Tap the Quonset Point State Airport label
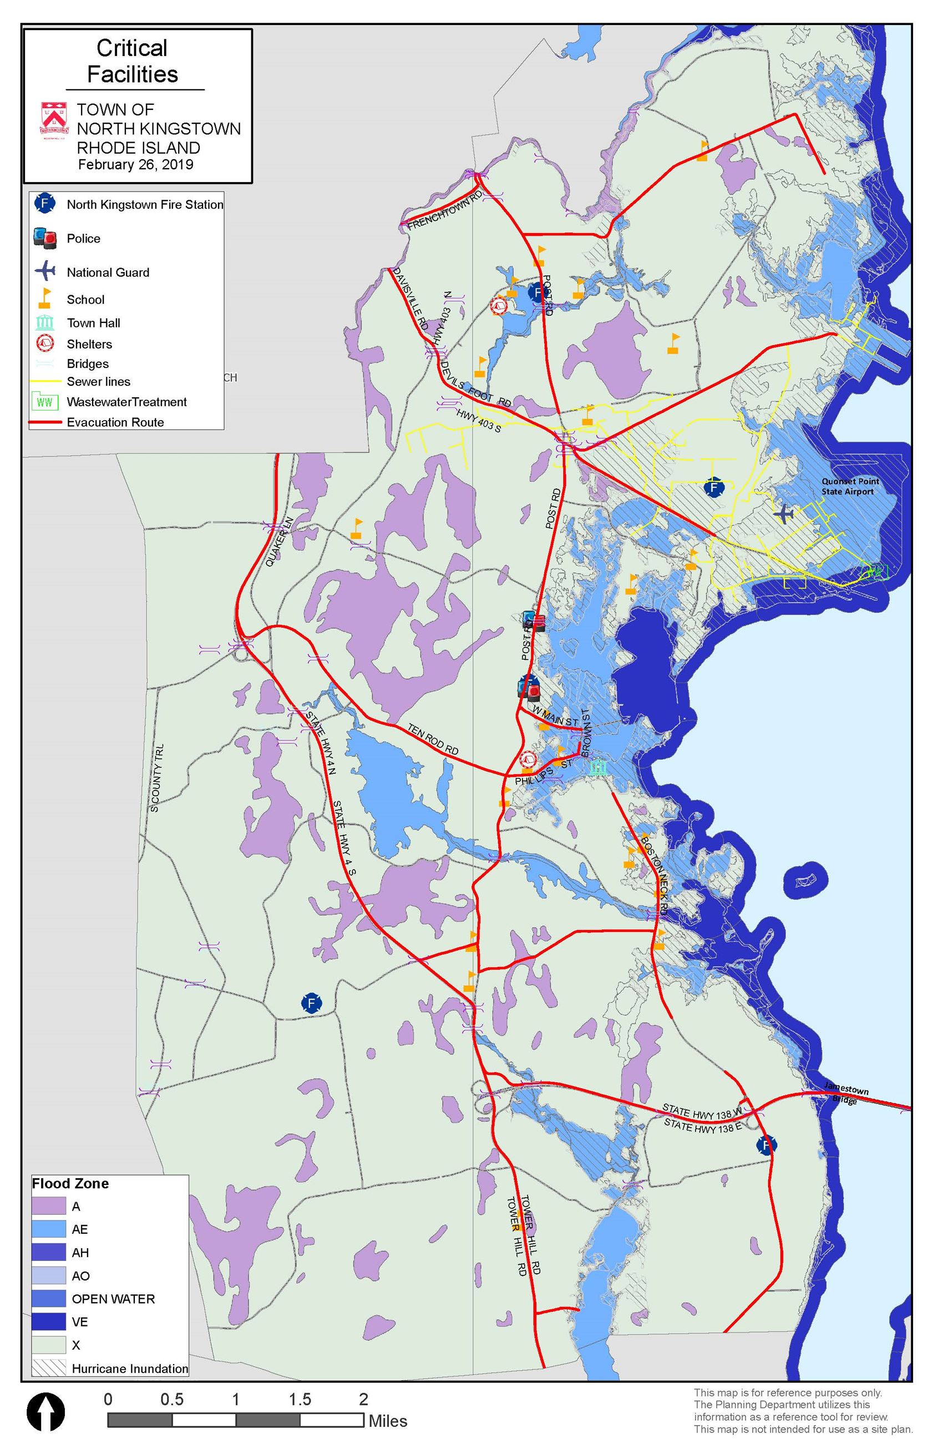click(x=850, y=486)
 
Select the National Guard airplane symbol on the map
click(x=784, y=514)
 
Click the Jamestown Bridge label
click(x=845, y=1094)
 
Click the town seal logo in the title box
click(x=53, y=121)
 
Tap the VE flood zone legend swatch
click(x=48, y=1321)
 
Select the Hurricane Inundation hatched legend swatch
click(x=48, y=1368)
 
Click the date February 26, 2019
click(x=135, y=164)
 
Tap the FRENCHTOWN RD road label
click(x=445, y=211)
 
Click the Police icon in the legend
click(x=45, y=238)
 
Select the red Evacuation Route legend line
click(x=45, y=422)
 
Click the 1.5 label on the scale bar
click(x=300, y=1399)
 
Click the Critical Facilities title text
click(x=132, y=61)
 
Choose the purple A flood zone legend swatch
click(x=48, y=1206)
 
